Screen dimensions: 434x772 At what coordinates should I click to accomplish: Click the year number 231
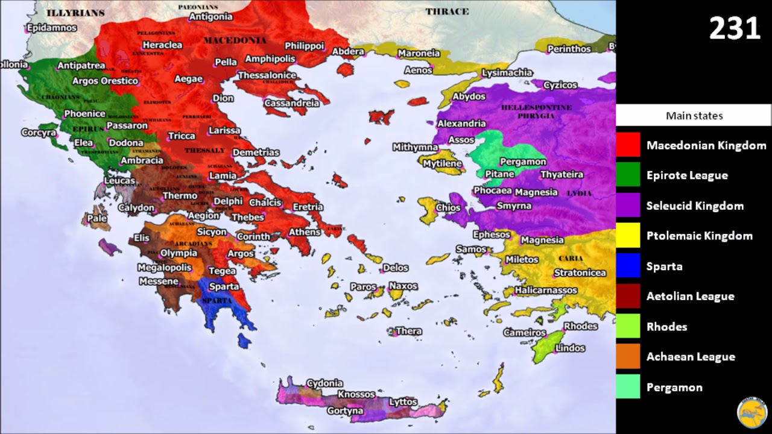click(x=734, y=29)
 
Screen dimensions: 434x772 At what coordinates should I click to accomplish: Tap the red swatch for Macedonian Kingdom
click(x=628, y=145)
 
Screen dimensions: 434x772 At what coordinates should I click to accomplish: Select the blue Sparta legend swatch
click(x=628, y=266)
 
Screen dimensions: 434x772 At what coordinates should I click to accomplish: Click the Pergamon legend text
click(x=674, y=387)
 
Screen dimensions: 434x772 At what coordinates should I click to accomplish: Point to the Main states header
click(x=694, y=116)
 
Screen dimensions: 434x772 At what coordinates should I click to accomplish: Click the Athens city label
click(x=304, y=232)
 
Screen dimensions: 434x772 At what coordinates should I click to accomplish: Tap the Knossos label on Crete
click(x=356, y=394)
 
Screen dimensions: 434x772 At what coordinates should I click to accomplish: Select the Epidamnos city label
click(x=51, y=28)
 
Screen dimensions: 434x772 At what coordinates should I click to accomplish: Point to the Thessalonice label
click(x=267, y=75)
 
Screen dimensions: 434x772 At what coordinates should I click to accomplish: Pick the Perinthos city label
click(x=569, y=49)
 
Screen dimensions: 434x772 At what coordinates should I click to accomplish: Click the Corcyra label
click(x=39, y=133)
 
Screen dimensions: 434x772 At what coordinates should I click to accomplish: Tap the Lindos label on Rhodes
click(x=570, y=348)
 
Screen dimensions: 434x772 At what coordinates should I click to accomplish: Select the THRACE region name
click(x=447, y=11)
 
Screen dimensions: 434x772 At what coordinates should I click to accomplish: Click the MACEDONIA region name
click(x=235, y=40)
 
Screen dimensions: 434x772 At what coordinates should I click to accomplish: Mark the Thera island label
click(x=408, y=331)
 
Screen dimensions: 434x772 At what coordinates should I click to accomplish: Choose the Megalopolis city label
click(x=164, y=268)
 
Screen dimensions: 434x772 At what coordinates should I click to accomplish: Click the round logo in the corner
click(x=751, y=412)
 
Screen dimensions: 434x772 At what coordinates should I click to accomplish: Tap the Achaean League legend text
click(x=691, y=357)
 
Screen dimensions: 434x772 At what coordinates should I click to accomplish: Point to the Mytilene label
click(x=442, y=163)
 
